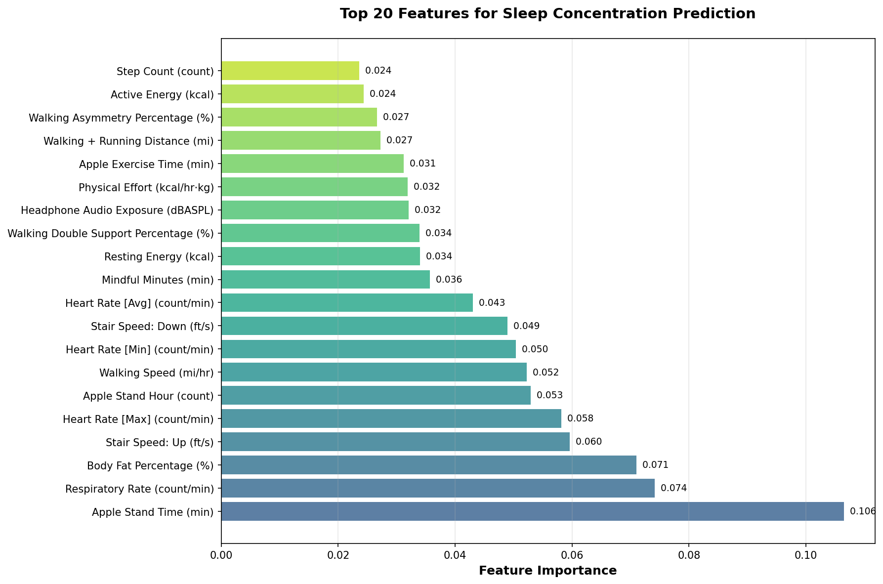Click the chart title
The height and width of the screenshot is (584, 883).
[x=547, y=14]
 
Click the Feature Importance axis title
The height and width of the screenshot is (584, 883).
[x=547, y=571]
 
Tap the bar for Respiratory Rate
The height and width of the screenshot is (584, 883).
[x=438, y=488]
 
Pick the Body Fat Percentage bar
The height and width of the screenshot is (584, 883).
[x=428, y=465]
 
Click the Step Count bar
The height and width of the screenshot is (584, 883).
[x=290, y=71]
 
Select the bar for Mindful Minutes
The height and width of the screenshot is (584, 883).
[x=325, y=280]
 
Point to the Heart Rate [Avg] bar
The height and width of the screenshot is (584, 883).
[x=347, y=303]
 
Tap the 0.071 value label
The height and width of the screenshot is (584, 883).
[x=655, y=465]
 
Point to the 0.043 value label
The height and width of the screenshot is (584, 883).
[x=492, y=303]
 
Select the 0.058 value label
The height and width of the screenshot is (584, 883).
[x=580, y=418]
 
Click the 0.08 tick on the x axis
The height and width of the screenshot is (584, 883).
[x=689, y=555]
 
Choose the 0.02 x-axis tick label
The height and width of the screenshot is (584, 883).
[x=338, y=555]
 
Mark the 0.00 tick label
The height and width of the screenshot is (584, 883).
[x=221, y=555]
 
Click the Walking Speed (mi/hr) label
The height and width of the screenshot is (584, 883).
[x=157, y=373]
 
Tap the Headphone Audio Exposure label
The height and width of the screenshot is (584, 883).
[x=118, y=210]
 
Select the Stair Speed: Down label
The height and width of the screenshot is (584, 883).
[x=152, y=327]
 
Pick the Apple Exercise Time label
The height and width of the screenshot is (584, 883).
[x=146, y=164]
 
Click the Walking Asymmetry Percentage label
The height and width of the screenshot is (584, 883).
[x=121, y=118]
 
